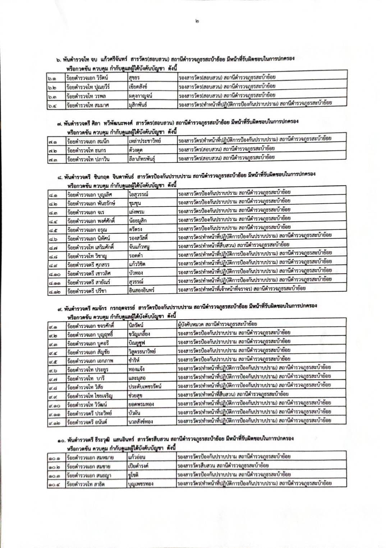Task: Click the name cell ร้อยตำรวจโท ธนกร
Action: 87,150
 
